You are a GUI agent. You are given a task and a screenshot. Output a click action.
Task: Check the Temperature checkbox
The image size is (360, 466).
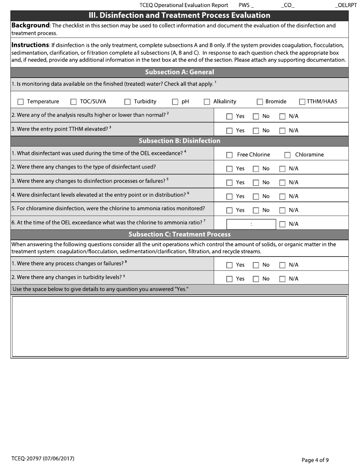point(21,102)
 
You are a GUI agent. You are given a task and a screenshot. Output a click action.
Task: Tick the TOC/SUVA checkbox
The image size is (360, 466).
point(74,102)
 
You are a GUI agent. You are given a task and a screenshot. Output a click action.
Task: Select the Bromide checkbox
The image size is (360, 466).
point(260,102)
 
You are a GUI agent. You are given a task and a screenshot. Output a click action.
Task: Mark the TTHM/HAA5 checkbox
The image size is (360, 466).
point(302,102)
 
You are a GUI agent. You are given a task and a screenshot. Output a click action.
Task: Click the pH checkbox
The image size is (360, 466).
point(175,102)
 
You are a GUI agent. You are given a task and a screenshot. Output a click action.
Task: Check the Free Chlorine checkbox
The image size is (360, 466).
point(229,155)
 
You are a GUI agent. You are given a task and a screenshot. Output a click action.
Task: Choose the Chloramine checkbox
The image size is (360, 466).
point(287,155)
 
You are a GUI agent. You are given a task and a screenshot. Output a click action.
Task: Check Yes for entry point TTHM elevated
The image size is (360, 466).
point(229,131)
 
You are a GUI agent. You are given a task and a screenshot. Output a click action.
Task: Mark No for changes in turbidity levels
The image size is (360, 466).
point(256,279)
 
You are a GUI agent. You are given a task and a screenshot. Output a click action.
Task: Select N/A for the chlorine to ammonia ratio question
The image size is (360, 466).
point(282,224)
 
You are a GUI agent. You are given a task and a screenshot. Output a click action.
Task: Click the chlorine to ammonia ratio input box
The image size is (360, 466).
point(251,224)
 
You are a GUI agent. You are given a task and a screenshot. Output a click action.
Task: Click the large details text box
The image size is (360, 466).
point(180,326)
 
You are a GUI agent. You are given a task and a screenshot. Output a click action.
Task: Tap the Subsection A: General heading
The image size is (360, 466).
point(179,72)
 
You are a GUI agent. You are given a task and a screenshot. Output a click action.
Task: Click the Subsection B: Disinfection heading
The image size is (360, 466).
point(179,141)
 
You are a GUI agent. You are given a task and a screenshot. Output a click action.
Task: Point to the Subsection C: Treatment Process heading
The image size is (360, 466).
point(179,235)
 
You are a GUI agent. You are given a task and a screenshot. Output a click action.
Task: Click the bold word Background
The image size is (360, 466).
point(30,26)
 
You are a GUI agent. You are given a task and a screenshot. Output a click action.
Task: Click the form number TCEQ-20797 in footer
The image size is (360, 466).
point(43,459)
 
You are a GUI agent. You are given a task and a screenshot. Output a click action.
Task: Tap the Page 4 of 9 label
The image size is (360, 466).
point(315,460)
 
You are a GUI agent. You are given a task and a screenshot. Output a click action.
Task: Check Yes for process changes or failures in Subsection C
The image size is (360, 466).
point(229,265)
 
